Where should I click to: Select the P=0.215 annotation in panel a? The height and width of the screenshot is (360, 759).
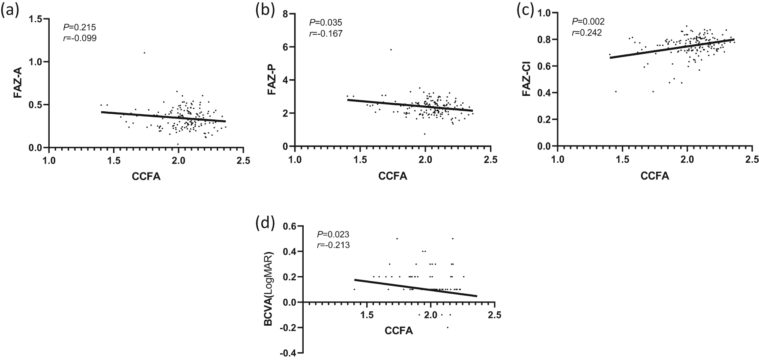pos(79,27)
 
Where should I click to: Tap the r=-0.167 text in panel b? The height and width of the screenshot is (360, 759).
pos(326,33)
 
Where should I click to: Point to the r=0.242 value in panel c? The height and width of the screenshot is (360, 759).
pos(587,33)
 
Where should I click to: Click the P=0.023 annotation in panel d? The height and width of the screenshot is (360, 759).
pos(333,235)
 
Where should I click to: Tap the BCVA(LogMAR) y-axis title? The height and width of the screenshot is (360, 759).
pos(269,290)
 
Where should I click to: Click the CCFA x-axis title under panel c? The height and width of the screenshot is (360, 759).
pos(654,176)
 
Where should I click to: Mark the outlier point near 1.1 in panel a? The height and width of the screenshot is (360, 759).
pos(144,53)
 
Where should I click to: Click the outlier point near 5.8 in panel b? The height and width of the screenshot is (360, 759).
pos(391,50)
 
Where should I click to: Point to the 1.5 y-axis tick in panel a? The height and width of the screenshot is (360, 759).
pos(38,19)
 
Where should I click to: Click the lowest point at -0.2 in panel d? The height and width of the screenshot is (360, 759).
pos(448,328)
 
